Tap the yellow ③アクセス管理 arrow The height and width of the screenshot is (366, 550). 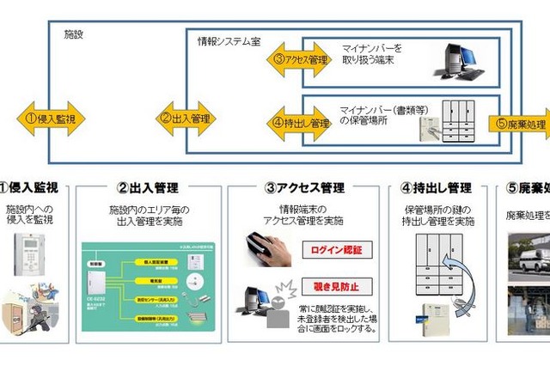[x=297, y=59]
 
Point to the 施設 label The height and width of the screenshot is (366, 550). [x=73, y=34]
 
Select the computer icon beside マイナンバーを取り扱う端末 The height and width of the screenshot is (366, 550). [x=455, y=62]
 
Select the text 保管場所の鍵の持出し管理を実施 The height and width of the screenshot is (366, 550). [x=439, y=215]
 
